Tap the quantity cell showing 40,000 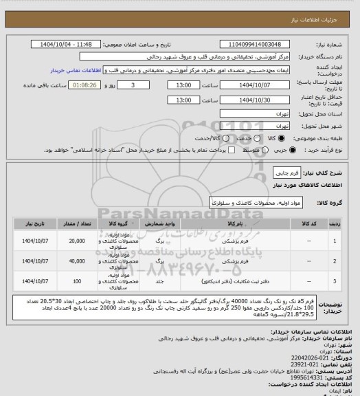(x=77, y=261)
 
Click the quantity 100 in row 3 (x=77, y=281)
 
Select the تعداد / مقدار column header (x=77, y=223)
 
